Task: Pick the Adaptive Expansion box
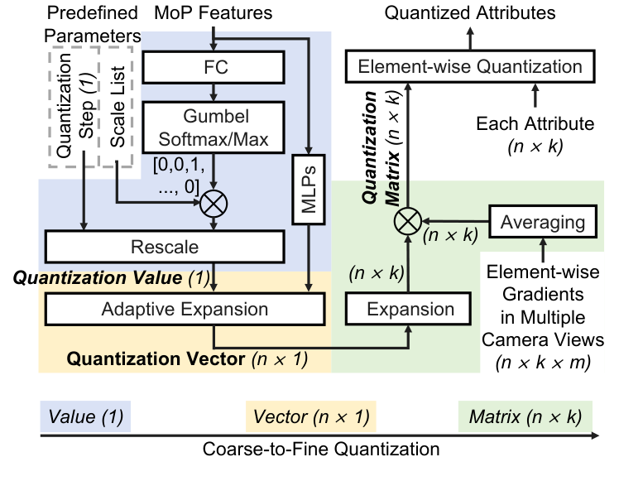click(185, 310)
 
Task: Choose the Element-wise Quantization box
click(469, 66)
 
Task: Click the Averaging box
click(542, 222)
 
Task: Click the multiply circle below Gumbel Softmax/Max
click(214, 201)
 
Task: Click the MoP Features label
click(214, 13)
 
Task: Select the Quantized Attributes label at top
click(469, 13)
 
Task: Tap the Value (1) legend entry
click(85, 416)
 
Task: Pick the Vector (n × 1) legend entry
click(310, 416)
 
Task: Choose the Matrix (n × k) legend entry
click(525, 416)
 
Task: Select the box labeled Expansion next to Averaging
click(411, 310)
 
